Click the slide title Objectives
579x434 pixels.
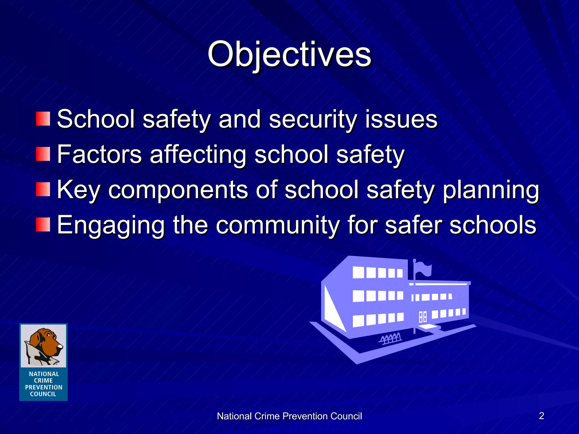coord(289,54)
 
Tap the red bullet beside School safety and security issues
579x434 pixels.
coord(43,119)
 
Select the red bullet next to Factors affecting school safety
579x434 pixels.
coord(43,154)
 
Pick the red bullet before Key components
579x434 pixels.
coord(43,189)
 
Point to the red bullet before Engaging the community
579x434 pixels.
coord(43,225)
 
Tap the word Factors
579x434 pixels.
coord(99,155)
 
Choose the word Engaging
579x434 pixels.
coord(111,225)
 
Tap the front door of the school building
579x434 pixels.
coord(423,317)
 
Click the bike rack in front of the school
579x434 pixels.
coord(390,338)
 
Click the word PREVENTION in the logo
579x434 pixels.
coord(44,387)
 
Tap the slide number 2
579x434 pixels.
coord(541,416)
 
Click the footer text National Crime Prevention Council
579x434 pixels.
coord(289,416)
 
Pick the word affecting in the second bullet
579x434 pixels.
coord(198,155)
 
